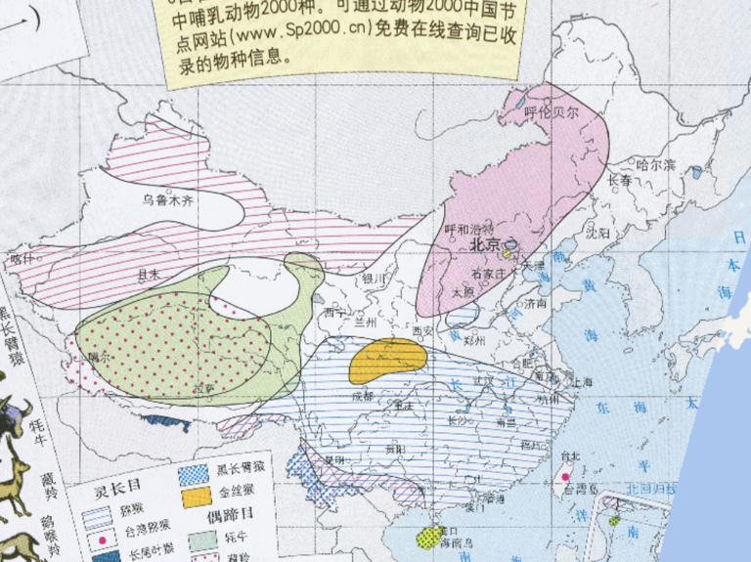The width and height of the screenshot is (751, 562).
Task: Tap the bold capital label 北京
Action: click(486, 245)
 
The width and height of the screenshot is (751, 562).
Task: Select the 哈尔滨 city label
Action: click(655, 165)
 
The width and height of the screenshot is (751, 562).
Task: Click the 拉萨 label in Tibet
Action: click(203, 388)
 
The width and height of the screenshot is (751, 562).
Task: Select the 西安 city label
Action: click(423, 332)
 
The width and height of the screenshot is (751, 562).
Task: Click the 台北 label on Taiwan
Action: click(569, 454)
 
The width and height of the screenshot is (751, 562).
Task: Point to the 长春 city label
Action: click(620, 181)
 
